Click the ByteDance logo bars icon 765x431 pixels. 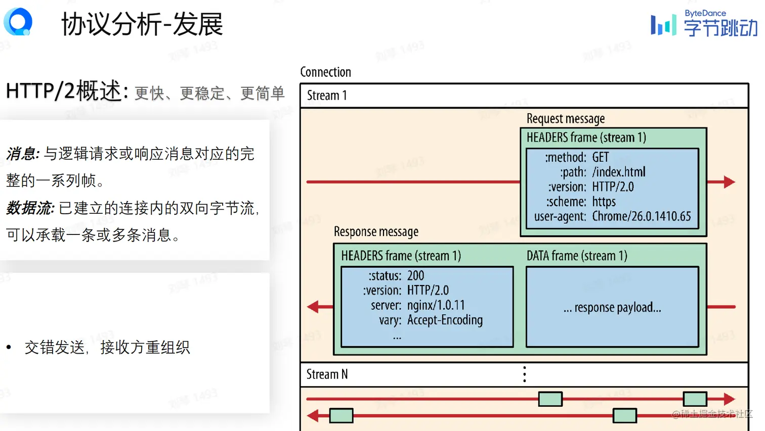pyautogui.click(x=663, y=25)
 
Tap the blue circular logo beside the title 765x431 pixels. pyautogui.click(x=18, y=22)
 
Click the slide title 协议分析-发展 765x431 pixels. pyautogui.click(x=142, y=24)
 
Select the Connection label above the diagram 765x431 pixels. pyautogui.click(x=325, y=72)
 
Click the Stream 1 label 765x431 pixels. pyautogui.click(x=327, y=95)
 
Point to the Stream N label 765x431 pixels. pyautogui.click(x=327, y=374)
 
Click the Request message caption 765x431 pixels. pyautogui.click(x=565, y=119)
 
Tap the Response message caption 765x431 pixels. pyautogui.click(x=376, y=232)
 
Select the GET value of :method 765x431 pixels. pyautogui.click(x=601, y=158)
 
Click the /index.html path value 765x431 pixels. pyautogui.click(x=619, y=172)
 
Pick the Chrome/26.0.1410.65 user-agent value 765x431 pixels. pyautogui.click(x=641, y=217)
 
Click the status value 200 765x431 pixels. pyautogui.click(x=415, y=276)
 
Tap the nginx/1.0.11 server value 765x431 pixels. pyautogui.click(x=436, y=305)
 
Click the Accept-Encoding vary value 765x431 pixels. pyautogui.click(x=445, y=320)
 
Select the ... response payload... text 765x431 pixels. pyautogui.click(x=612, y=308)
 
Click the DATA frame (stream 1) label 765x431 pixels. pyautogui.click(x=577, y=256)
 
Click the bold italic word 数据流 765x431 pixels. pyautogui.click(x=30, y=208)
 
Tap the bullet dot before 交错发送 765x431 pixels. pyautogui.click(x=9, y=347)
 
